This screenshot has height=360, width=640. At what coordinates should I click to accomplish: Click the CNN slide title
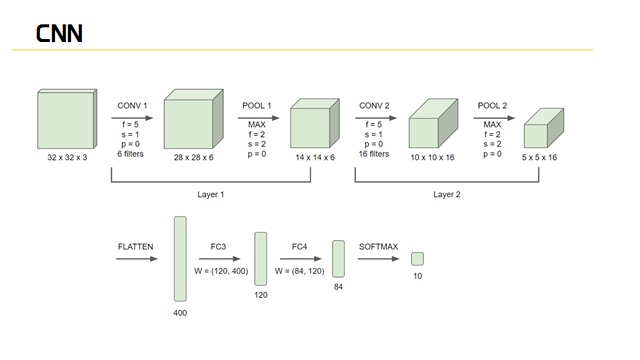[x=59, y=33]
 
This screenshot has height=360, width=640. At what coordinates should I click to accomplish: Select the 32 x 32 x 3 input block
[x=67, y=119]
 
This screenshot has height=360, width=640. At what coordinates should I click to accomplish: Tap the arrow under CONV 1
[x=132, y=118]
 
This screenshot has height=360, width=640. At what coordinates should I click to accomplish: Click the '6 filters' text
[x=131, y=154]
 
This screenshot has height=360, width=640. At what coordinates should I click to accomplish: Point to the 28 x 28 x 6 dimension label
[x=193, y=158]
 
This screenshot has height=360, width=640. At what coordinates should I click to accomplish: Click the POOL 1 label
[x=257, y=106]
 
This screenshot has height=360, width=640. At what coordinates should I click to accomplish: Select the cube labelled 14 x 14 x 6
[x=315, y=123]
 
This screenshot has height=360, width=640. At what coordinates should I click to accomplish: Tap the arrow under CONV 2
[x=376, y=118]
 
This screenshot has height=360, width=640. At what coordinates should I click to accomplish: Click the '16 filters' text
[x=374, y=154]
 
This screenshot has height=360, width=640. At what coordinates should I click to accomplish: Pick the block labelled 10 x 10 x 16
[x=433, y=123]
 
